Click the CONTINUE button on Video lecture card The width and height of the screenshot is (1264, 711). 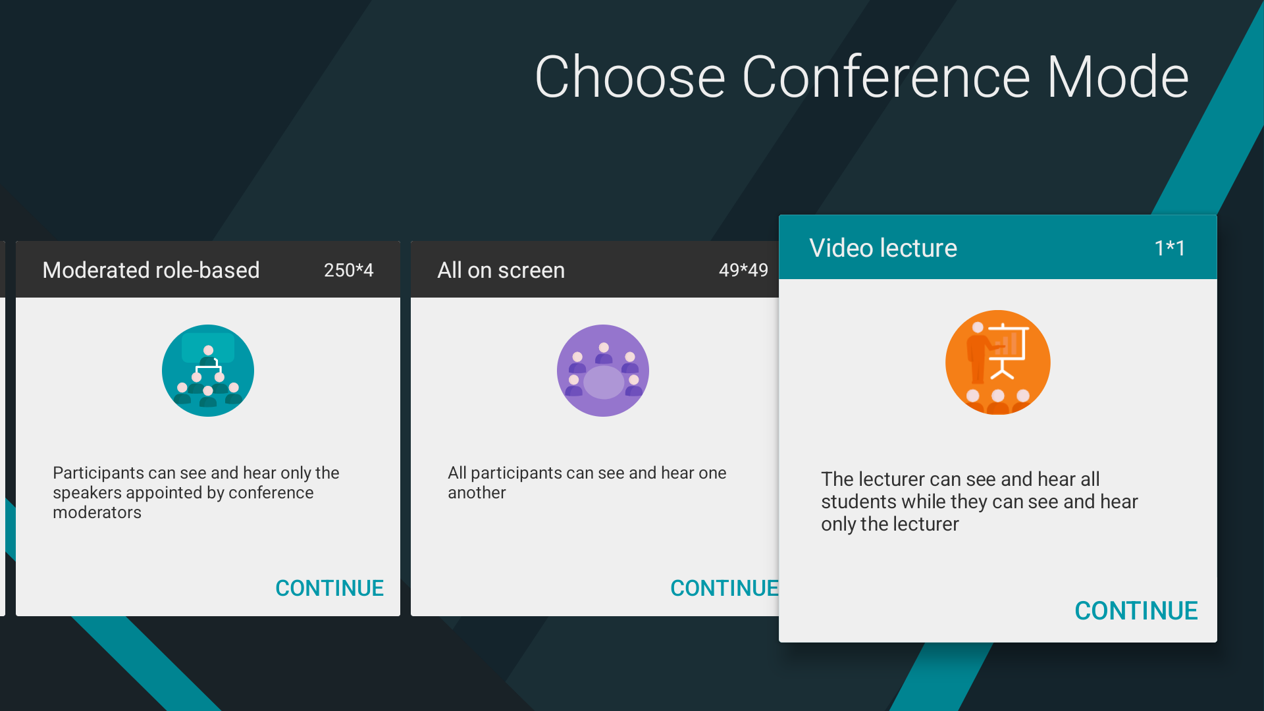click(1136, 611)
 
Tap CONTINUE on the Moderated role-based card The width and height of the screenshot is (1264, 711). click(329, 588)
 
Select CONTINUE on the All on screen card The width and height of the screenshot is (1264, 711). click(724, 588)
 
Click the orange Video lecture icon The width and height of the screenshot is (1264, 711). click(997, 362)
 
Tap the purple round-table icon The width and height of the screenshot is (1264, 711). click(603, 371)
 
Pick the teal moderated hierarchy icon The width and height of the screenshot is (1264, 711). click(208, 371)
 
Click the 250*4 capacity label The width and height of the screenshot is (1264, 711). click(348, 270)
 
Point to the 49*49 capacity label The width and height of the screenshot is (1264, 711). click(743, 270)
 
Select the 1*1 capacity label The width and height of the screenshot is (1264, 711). click(1170, 248)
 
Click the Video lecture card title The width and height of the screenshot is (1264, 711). click(883, 248)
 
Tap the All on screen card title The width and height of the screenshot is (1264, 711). click(501, 270)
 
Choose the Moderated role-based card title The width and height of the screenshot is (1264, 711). click(151, 270)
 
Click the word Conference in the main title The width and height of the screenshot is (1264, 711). click(886, 77)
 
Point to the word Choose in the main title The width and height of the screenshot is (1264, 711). click(630, 77)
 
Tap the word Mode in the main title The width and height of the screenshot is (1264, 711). click(1118, 77)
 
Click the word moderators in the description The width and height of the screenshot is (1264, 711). click(97, 512)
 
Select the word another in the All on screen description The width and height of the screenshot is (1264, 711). click(477, 492)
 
